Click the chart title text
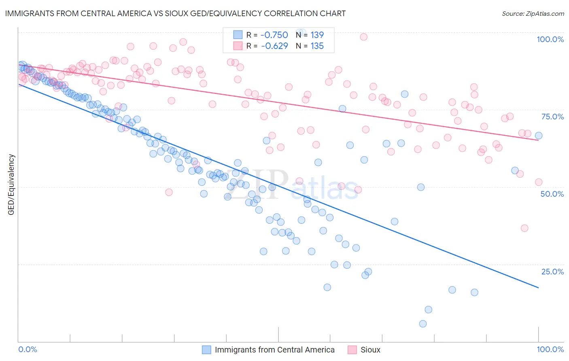(175, 13)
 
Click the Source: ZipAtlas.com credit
(533, 13)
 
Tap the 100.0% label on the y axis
(550, 39)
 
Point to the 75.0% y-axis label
(552, 117)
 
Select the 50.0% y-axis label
(552, 194)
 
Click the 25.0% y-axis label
(552, 271)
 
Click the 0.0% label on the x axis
(28, 349)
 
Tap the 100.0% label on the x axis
(550, 349)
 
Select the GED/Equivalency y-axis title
(11, 185)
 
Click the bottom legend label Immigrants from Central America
(274, 350)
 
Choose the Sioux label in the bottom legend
(370, 350)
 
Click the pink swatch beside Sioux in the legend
(352, 350)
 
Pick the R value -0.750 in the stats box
(274, 35)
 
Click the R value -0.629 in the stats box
(274, 46)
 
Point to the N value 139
(317, 35)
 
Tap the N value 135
(317, 46)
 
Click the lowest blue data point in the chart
(423, 324)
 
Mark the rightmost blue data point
(538, 136)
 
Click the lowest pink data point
(524, 228)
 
